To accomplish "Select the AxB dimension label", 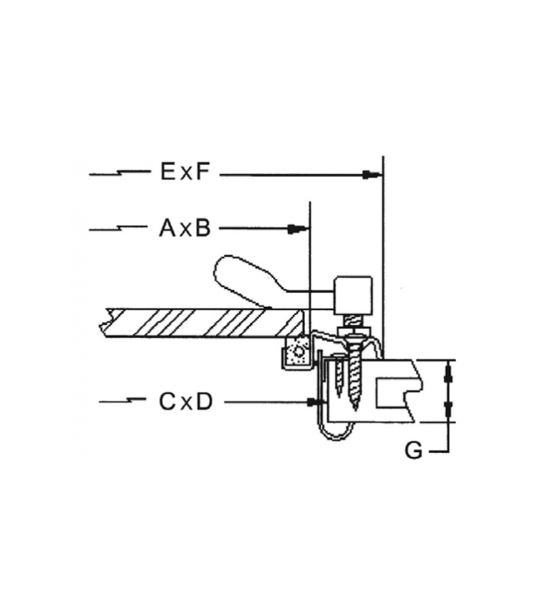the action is [x=185, y=228].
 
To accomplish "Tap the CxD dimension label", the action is [x=185, y=401].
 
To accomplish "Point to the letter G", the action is [x=413, y=451].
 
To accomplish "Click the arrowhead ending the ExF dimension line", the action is [x=371, y=174].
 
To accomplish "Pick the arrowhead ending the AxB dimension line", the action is [x=298, y=229].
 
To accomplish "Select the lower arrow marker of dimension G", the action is [x=449, y=409].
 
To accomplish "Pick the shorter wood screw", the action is [x=339, y=376].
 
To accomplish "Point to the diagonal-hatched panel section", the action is [x=203, y=322].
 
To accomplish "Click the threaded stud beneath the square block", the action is [x=352, y=322].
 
